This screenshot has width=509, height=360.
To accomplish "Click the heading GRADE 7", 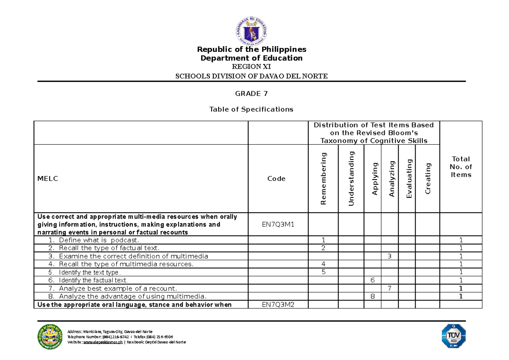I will coord(252,93).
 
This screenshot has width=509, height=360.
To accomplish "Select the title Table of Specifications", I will coord(252,110).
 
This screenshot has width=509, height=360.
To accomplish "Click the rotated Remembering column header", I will coord(324,178).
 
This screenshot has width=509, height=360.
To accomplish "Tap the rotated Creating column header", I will coord(428,178).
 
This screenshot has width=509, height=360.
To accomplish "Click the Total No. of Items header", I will coord(461,166).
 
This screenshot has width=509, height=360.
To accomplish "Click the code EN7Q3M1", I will coord(277,224).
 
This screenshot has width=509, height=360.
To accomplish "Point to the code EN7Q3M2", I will coord(277,304).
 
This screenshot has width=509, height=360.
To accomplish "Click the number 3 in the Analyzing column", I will coord(389,256).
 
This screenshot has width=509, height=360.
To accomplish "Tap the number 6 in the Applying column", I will coord(372,280).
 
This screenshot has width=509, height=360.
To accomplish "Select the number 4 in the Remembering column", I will coord(324,264).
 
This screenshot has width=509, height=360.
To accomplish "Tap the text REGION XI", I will coord(252,67).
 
